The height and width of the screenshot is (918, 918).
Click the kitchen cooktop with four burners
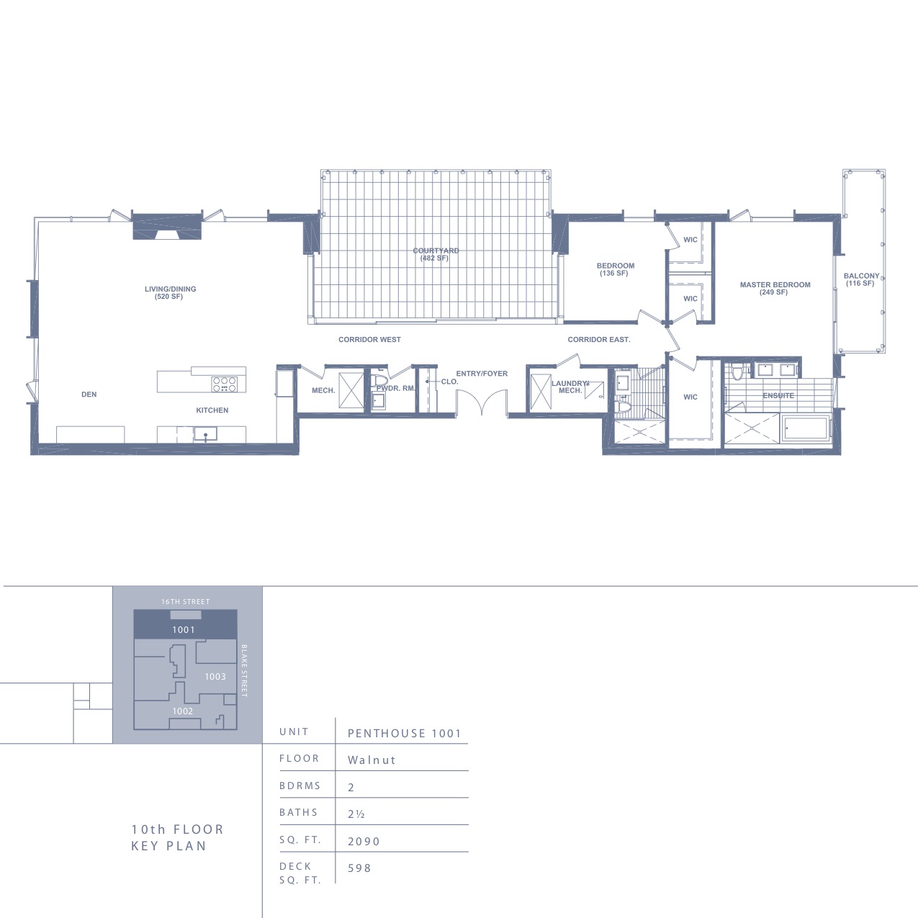pyautogui.click(x=225, y=384)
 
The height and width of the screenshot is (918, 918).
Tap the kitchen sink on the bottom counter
pyautogui.click(x=205, y=433)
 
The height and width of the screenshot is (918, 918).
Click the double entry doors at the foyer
pyautogui.click(x=482, y=402)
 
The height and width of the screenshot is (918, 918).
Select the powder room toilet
pyautogui.click(x=380, y=381)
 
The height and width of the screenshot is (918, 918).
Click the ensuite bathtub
pyautogui.click(x=806, y=428)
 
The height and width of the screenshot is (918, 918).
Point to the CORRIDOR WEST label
pyautogui.click(x=369, y=340)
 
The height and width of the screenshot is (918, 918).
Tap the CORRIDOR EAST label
pyautogui.click(x=598, y=340)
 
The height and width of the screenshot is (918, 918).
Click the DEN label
pyautogui.click(x=89, y=395)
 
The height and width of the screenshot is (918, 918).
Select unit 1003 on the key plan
pyautogui.click(x=215, y=677)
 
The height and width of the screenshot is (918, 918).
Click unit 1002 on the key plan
pyautogui.click(x=182, y=711)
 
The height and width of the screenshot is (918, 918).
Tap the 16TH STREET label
pyautogui.click(x=186, y=602)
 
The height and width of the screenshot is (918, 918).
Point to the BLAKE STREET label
pyautogui.click(x=244, y=671)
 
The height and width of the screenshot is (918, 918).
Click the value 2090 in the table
pyautogui.click(x=364, y=842)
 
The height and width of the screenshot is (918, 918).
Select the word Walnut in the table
pyautogui.click(x=372, y=760)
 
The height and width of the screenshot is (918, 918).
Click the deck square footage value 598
pyautogui.click(x=359, y=868)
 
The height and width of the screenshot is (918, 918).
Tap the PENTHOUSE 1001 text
pyautogui.click(x=405, y=734)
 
